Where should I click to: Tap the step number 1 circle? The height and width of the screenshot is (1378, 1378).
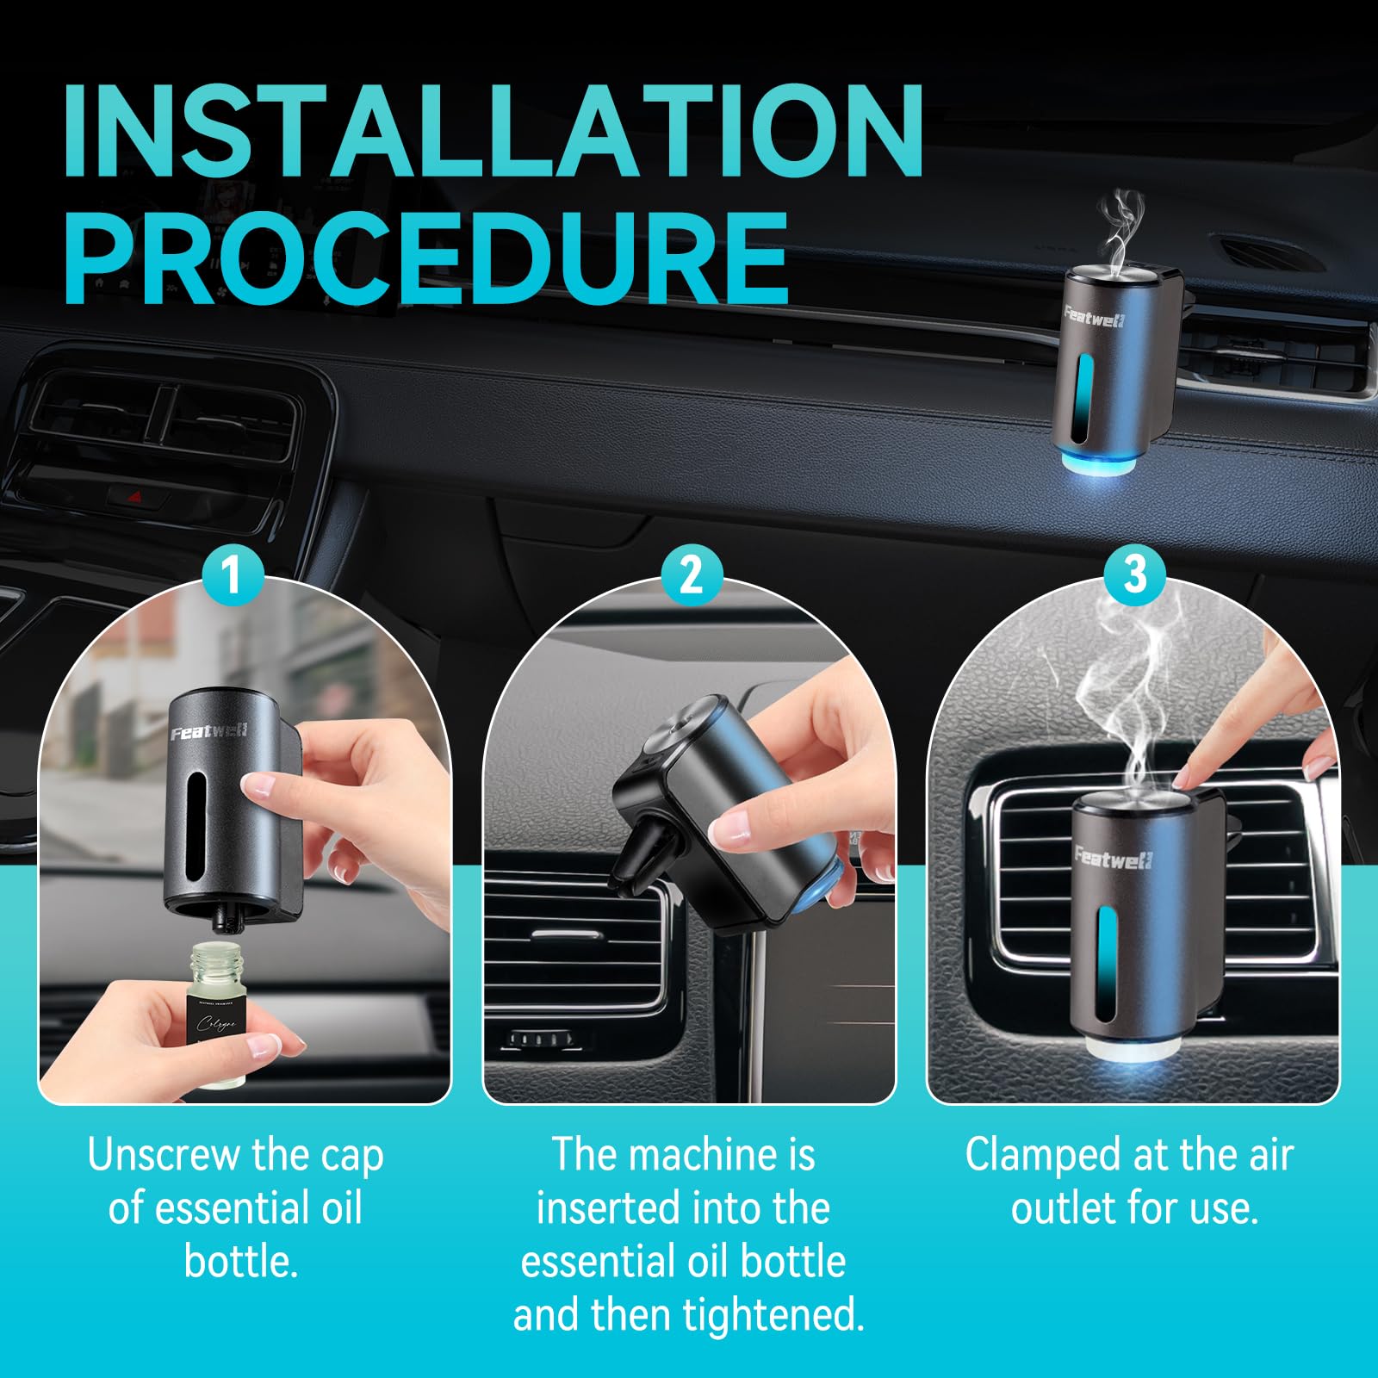pyautogui.click(x=230, y=574)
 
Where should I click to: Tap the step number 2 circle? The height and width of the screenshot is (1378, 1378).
pyautogui.click(x=690, y=574)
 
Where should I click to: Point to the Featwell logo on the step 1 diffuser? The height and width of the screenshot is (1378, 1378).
pyautogui.click(x=209, y=733)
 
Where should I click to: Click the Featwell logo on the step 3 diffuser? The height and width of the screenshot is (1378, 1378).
pyautogui.click(x=1113, y=858)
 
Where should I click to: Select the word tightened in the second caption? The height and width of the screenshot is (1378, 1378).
pyautogui.click(x=773, y=1316)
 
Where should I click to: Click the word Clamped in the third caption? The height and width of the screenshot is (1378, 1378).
pyautogui.click(x=1033, y=1156)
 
